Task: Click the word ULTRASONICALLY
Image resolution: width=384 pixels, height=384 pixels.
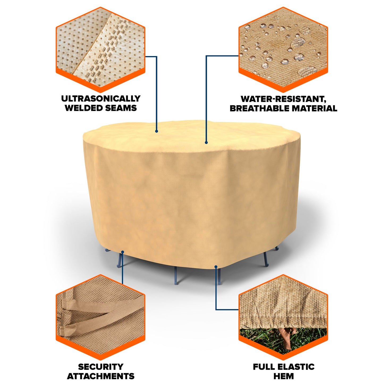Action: click(x=101, y=99)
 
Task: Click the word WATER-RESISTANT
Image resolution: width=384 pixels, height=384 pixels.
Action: click(x=283, y=99)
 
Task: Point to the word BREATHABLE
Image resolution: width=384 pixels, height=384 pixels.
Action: click(x=259, y=108)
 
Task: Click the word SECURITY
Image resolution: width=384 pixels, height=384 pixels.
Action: click(x=101, y=367)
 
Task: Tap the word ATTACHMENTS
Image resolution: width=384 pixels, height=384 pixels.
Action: click(x=101, y=376)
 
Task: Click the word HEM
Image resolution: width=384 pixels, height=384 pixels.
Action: click(x=284, y=376)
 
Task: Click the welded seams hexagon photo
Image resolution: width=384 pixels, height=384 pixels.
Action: click(x=100, y=48)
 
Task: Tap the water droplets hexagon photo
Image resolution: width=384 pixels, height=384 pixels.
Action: click(x=283, y=48)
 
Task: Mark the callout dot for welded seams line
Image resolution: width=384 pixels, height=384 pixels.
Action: click(x=157, y=131)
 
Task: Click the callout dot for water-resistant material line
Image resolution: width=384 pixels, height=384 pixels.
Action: click(x=206, y=143)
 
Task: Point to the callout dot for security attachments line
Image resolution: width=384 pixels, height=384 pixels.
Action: click(x=123, y=251)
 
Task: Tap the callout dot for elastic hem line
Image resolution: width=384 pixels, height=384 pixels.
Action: click(x=216, y=266)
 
